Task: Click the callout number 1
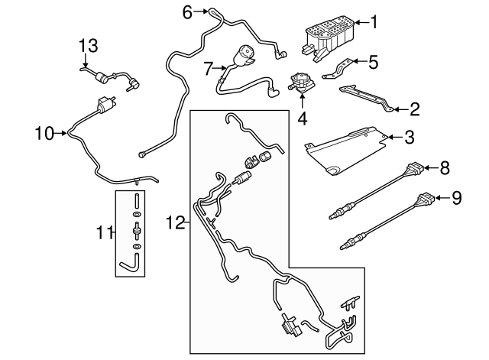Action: pos(374,21)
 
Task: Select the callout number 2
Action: pos(414,109)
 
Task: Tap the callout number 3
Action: pos(409,138)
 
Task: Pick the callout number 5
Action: pos(373,62)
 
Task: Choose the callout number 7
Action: pos(207,69)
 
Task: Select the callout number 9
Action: pos(456,198)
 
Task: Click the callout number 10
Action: pos(44,135)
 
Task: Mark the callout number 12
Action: pos(175,222)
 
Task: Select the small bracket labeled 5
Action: pos(340,67)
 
